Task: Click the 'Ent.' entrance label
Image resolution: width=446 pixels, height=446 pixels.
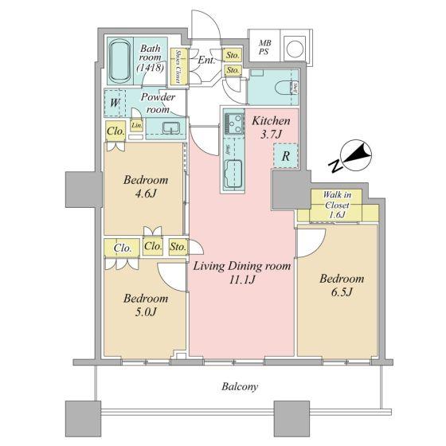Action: (205, 61)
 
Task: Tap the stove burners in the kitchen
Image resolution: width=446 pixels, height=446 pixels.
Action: (233, 125)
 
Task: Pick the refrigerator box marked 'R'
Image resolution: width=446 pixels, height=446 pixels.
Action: (284, 157)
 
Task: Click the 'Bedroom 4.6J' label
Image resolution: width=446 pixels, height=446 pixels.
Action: (145, 187)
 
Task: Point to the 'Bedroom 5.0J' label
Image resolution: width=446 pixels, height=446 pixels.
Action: (145, 305)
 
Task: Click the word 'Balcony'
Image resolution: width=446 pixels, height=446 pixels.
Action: (238, 386)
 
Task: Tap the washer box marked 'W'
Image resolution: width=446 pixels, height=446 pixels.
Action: (115, 103)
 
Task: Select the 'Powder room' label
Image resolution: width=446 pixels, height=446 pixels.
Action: (158, 104)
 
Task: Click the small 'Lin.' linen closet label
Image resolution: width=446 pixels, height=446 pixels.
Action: (136, 126)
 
